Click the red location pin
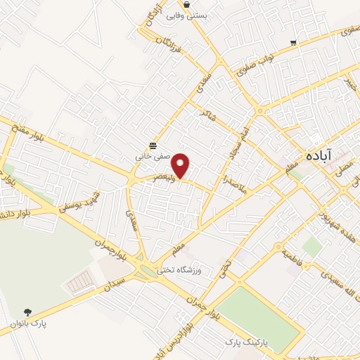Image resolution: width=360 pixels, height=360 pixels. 181,165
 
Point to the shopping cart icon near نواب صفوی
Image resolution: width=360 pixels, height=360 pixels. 292,42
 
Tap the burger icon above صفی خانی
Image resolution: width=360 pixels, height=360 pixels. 153,144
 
